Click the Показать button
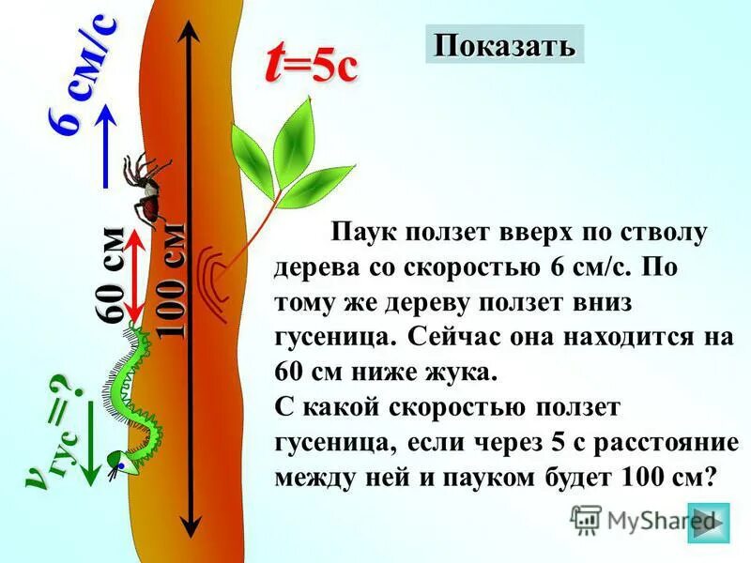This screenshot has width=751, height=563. (504, 45)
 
